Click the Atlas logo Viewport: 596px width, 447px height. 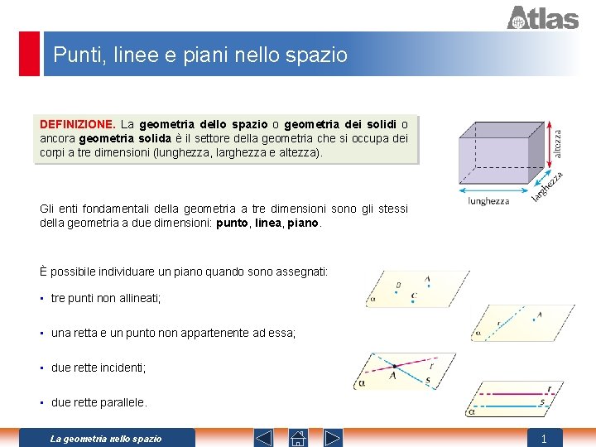542,17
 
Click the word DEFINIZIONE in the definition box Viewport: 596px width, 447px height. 78,124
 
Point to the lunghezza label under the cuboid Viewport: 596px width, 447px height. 488,201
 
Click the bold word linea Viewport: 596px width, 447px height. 267,223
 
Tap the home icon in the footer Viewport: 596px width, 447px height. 298,437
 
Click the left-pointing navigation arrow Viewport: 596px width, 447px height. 263,437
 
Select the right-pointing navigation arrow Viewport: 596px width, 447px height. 333,437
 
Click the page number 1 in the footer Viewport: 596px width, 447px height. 544,439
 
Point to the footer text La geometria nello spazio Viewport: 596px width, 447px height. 106,439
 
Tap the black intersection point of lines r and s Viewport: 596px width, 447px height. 396,366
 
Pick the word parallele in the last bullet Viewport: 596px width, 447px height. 123,402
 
